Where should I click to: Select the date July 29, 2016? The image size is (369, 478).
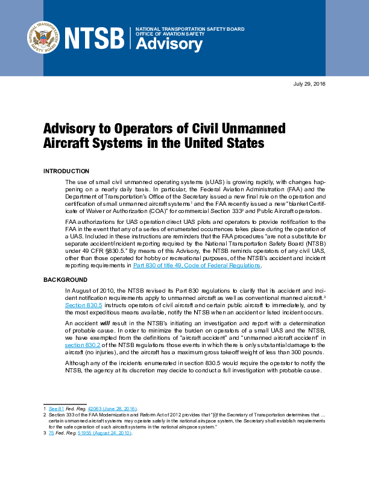coord(309,84)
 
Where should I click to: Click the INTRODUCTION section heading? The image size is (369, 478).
coord(66,171)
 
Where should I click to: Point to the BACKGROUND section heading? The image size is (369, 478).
coord(65,280)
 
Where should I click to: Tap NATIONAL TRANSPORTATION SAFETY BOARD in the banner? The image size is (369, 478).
coord(189,29)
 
